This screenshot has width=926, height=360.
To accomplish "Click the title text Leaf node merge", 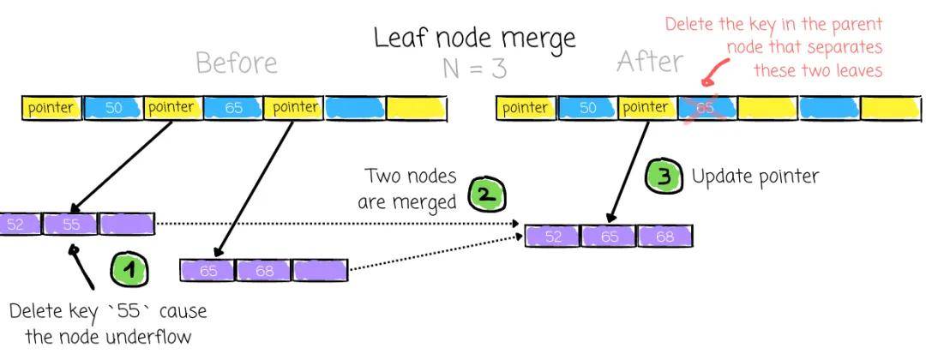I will pos(474,39).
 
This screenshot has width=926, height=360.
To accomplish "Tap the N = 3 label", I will pos(474,68).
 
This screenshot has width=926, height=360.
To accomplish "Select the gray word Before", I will pos(237,63).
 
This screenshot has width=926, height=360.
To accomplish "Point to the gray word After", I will pos(650,62).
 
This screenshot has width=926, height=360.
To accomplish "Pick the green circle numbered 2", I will pos(486,195).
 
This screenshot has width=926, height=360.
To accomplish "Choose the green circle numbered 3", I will pos(662,177).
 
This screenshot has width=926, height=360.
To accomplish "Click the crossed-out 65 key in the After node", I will pos(706,108).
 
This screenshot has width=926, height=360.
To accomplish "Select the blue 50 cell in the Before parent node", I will pos(113,108).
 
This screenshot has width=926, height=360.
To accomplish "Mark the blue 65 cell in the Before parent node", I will pos(233,108).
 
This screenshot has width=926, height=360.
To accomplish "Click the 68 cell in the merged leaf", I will pos(664,236).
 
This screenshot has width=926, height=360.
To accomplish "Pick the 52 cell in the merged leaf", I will pos(553,236).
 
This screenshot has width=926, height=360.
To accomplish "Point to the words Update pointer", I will pos(755,177).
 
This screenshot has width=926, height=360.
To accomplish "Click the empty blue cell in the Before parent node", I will pos(354,108).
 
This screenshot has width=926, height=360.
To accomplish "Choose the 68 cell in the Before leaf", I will pos(264,271).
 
